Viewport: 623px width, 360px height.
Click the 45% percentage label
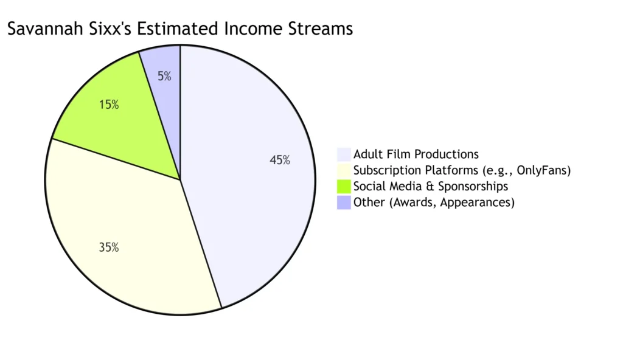pos(280,161)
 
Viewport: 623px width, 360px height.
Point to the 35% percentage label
pos(109,247)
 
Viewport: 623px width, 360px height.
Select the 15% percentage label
pos(109,105)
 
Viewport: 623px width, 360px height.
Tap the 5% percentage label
pos(164,77)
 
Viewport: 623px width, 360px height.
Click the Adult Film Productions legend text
pos(416,154)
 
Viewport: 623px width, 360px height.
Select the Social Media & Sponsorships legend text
pos(430,186)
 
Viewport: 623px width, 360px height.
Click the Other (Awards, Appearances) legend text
pos(434,202)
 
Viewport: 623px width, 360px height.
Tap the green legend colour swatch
pos(344,186)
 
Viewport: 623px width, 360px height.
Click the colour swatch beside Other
pos(344,202)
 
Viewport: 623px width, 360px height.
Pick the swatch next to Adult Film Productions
pos(344,154)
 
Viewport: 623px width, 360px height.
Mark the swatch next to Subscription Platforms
pos(344,170)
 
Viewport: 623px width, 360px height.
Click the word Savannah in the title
pos(42,29)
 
